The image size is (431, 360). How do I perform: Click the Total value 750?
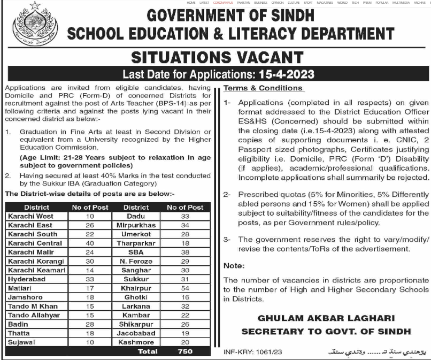click(185, 351)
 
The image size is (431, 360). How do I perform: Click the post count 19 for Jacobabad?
click(185, 333)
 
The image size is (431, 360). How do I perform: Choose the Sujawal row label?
click(21, 342)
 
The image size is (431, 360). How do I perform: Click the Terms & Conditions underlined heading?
click(263, 88)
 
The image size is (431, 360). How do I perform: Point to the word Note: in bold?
click(234, 266)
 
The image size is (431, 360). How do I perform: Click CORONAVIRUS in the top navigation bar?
click(225, 3)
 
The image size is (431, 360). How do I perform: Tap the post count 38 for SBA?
click(185, 252)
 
